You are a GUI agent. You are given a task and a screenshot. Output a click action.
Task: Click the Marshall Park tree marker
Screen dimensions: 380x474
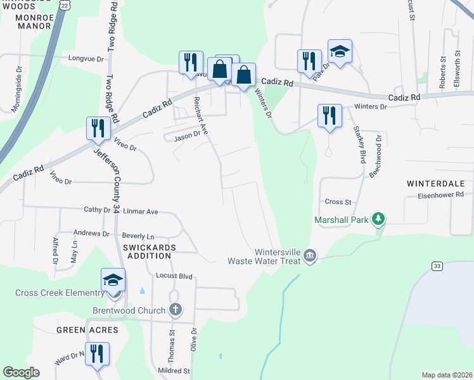(378, 219)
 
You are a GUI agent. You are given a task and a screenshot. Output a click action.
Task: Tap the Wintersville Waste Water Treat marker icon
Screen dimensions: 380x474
(309, 256)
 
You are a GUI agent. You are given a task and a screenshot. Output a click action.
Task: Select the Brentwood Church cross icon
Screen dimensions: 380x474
(176, 310)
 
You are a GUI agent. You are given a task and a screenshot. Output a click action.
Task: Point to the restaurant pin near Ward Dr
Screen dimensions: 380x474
(97, 355)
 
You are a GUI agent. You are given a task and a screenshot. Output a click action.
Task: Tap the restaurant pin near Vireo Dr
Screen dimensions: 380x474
(98, 129)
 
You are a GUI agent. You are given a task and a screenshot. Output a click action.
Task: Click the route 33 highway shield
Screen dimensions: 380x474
(437, 267)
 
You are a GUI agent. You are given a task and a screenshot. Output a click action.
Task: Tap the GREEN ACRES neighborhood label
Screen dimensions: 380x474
(87, 330)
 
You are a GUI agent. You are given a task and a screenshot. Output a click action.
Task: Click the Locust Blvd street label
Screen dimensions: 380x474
(174, 277)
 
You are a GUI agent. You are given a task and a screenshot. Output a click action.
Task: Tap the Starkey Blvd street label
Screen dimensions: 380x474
(359, 145)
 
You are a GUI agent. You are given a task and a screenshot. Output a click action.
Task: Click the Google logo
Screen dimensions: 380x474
(21, 372)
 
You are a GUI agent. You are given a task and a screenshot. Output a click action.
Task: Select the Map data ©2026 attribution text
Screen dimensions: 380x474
(446, 375)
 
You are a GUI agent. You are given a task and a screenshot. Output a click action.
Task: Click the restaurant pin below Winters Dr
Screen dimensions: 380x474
(330, 117)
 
